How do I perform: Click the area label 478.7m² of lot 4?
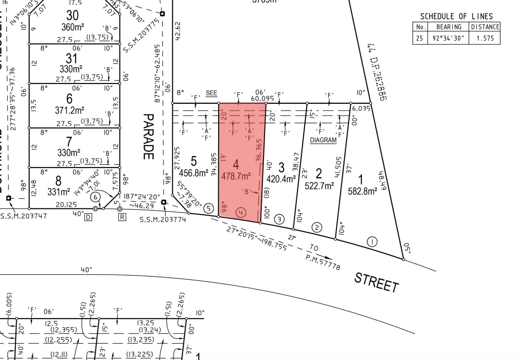pos(236,176)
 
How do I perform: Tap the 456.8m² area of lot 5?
pos(193,173)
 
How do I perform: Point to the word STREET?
pos(376,282)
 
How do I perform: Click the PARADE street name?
pos(149,136)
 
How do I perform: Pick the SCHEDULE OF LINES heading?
pos(456,16)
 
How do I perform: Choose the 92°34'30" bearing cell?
pos(448,38)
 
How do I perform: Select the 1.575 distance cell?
pos(485,38)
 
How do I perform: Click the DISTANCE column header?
pos(485,27)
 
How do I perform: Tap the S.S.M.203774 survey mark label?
pos(163,219)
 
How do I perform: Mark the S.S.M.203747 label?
pos(23,216)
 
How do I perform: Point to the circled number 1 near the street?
pos(372,242)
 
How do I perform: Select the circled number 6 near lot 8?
pos(96,197)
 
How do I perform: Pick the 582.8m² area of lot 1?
pos(362,191)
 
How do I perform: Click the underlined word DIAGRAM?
pos(323,140)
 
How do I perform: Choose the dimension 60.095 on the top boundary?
pos(262,99)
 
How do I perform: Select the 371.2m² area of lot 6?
pos(69,110)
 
